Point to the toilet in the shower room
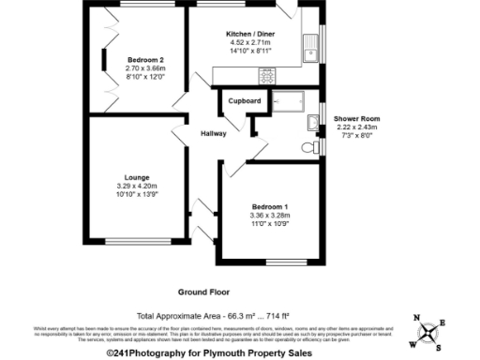pyautogui.click(x=307, y=148)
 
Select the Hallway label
pyautogui.click(x=214, y=134)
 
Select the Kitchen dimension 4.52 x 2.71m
pyautogui.click(x=249, y=42)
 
